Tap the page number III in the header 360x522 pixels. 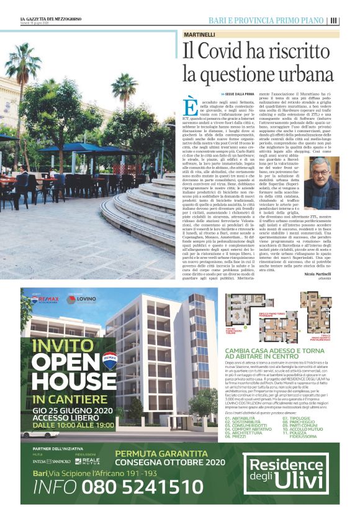click(334, 20)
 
